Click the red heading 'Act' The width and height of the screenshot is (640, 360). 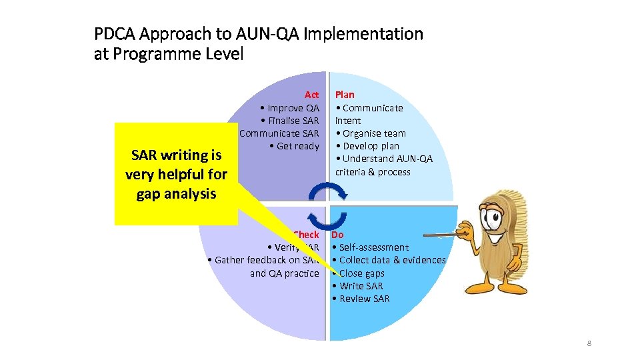311,95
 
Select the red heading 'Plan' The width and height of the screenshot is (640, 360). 345,95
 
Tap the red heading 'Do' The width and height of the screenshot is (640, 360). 337,235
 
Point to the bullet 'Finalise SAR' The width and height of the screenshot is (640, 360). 293,121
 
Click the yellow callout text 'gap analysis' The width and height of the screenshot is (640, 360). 176,194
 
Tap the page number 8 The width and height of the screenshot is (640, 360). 589,343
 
